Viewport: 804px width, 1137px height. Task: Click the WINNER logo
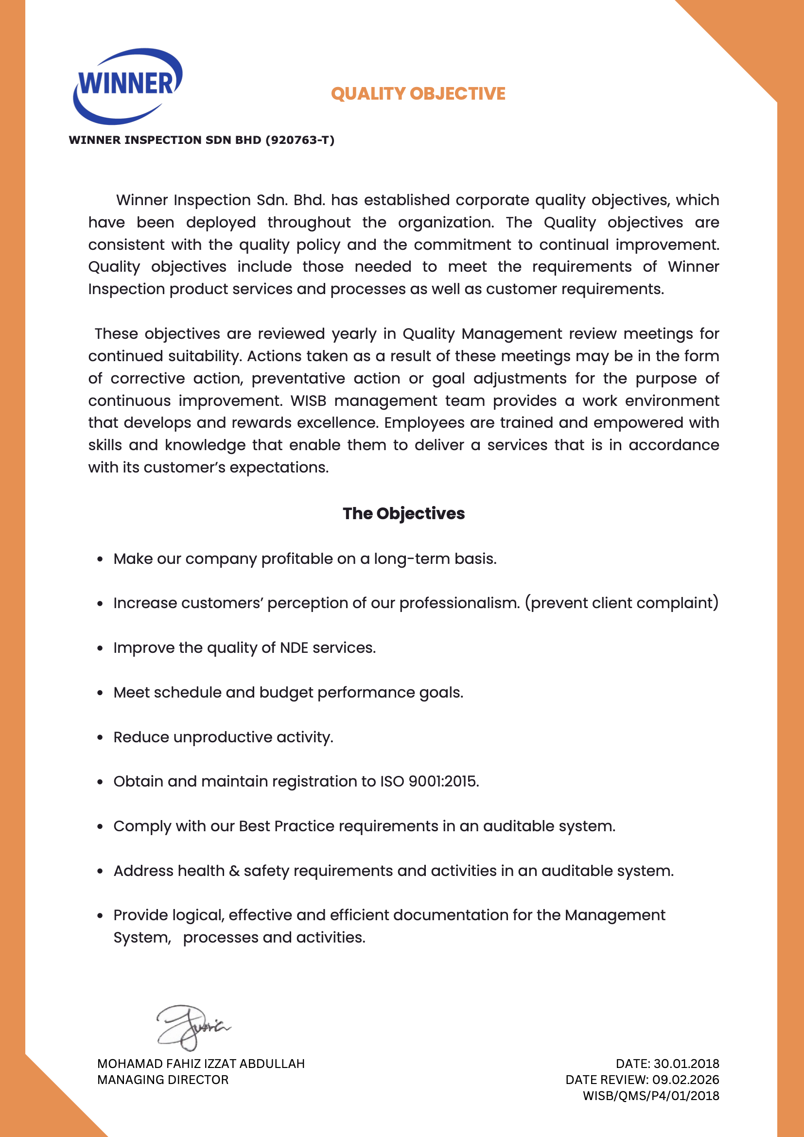pos(128,85)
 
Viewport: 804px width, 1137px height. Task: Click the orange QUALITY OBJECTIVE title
pos(418,94)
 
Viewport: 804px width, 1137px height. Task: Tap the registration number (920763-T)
pos(300,140)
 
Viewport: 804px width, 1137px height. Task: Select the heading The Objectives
pos(403,513)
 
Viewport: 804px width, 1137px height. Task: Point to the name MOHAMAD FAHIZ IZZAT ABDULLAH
pos(200,1064)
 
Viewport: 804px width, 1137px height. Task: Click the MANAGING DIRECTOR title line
pos(163,1080)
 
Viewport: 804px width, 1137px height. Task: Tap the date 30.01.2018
pos(686,1064)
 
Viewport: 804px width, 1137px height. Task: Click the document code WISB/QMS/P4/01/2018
pos(650,1096)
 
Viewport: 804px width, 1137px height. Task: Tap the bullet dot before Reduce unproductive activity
pos(100,737)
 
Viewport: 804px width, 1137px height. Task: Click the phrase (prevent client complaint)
pos(621,603)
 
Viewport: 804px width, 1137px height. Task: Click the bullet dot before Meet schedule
pos(100,693)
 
